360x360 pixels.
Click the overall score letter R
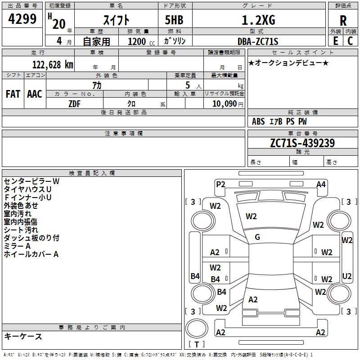tap(343, 20)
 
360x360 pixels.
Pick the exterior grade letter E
tap(335, 41)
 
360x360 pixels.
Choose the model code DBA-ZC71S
tap(258, 41)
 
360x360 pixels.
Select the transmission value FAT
tap(13, 94)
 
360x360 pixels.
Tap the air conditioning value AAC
tap(35, 94)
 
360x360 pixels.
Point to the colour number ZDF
tap(74, 103)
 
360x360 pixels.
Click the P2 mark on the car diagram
tap(220, 184)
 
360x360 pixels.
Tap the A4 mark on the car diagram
tap(321, 184)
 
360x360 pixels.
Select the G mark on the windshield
tap(257, 237)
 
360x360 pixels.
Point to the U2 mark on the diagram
tap(347, 276)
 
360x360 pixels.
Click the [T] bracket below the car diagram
tap(197, 345)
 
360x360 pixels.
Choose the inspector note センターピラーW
tap(31, 181)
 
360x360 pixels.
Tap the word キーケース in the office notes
tap(23, 337)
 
